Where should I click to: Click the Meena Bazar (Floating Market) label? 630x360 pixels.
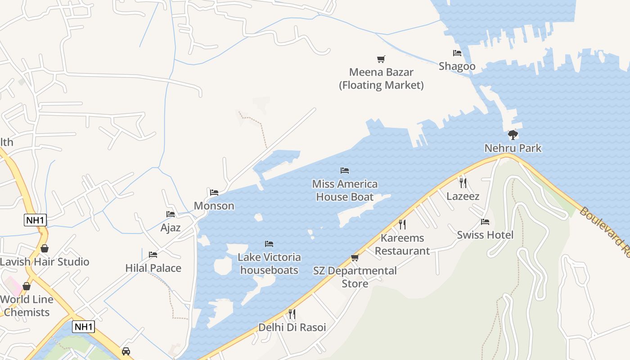381,79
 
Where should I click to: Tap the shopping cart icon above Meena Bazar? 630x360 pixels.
381,59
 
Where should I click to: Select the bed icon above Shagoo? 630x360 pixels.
457,53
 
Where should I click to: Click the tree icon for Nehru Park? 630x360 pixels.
513,135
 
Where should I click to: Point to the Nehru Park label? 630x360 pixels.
513,148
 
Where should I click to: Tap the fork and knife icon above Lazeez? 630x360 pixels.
463,183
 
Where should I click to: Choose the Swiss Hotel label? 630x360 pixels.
485,235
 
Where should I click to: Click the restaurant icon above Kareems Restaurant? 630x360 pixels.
402,224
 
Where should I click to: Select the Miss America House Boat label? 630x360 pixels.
345,190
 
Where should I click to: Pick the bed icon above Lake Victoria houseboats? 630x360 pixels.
269,244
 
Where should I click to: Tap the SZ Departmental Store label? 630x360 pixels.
355,277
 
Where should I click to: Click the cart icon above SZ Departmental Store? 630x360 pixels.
355,258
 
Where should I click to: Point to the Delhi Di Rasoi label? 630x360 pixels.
292,327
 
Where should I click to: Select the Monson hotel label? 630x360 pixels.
214,206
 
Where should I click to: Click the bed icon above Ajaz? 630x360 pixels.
171,214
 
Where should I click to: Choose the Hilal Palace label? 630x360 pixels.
153,268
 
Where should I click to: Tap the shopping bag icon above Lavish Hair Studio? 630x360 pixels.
45,248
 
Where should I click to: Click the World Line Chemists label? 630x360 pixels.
27,306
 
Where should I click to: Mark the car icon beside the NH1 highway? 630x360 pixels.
126,351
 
